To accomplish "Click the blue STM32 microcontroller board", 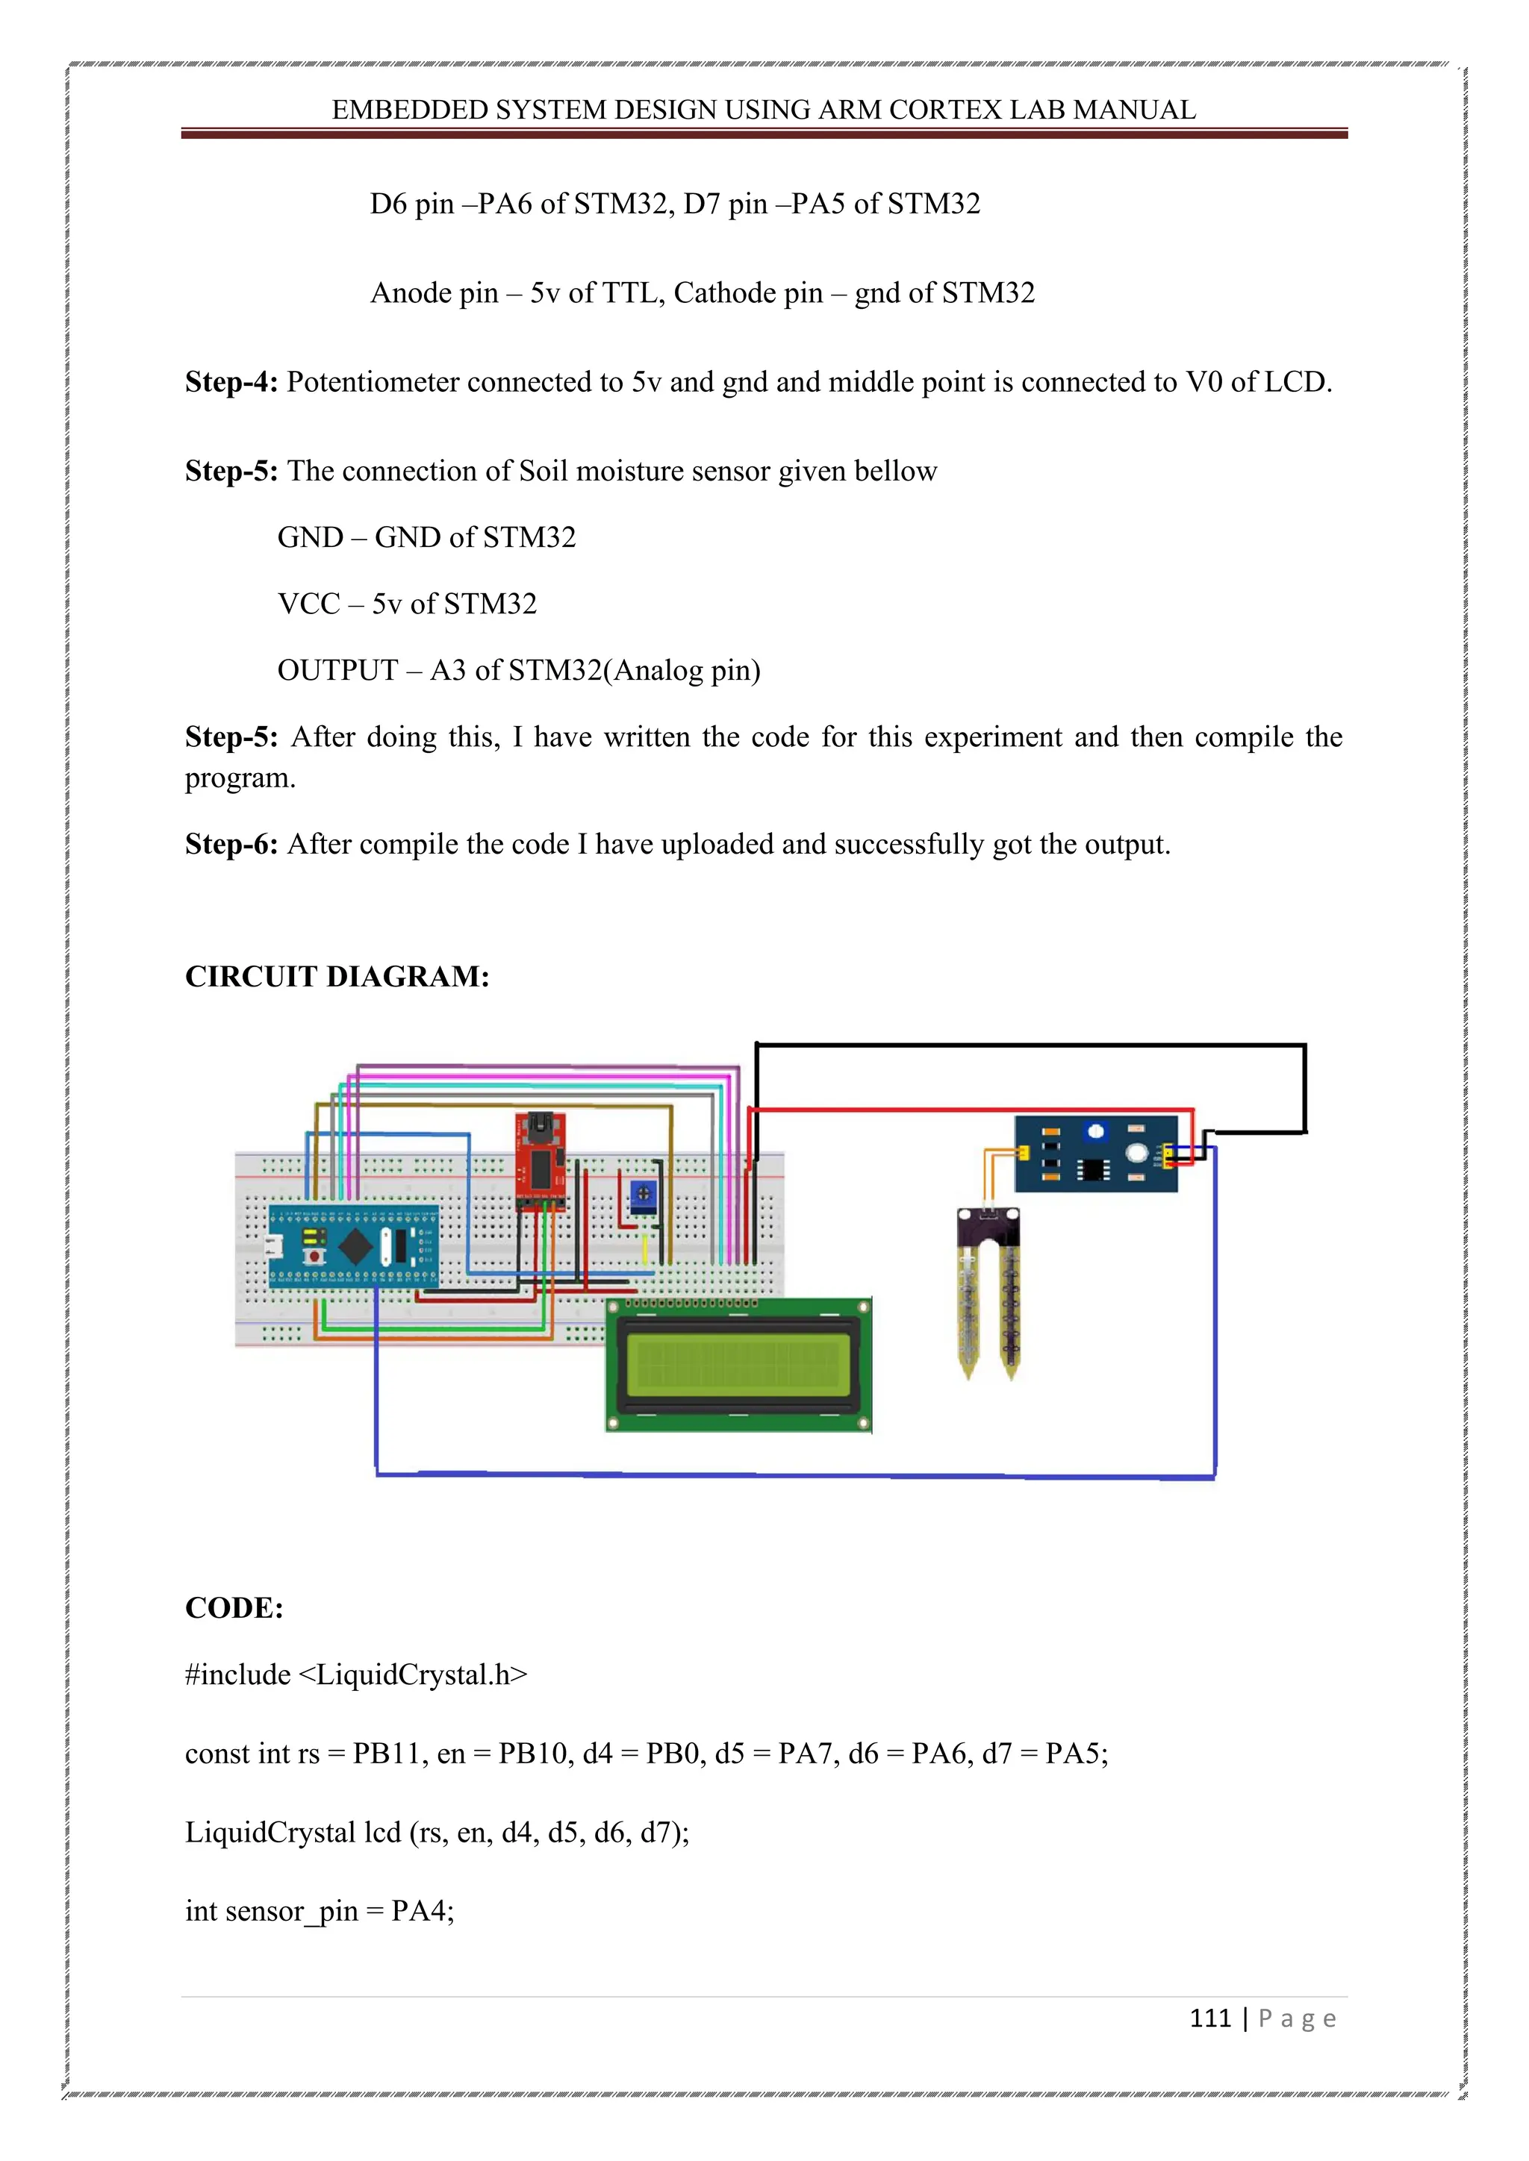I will [354, 1245].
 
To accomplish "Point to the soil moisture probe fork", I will [988, 1294].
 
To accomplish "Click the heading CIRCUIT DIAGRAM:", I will [337, 976].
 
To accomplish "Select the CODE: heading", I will [234, 1607].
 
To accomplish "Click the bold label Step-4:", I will [231, 382].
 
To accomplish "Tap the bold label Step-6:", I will [231, 844].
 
